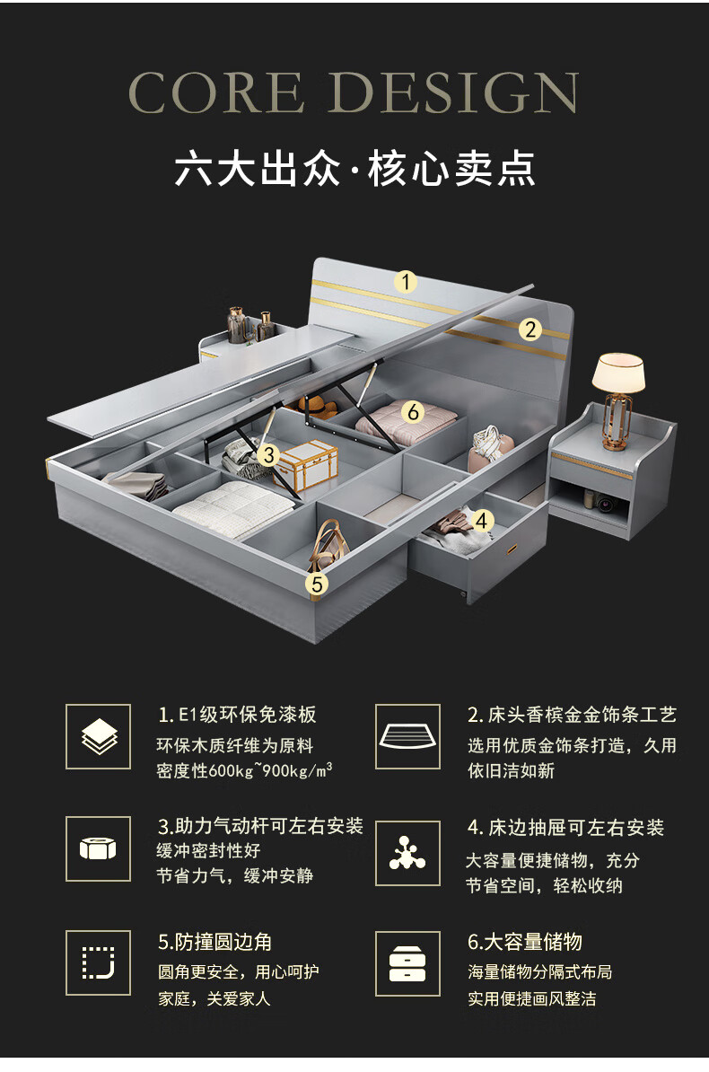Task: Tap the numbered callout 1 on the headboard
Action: (x=407, y=282)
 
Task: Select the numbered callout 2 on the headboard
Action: (x=530, y=330)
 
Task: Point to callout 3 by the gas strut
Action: (x=268, y=455)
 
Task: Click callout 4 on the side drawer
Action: (x=482, y=521)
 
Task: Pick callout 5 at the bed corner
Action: (x=316, y=584)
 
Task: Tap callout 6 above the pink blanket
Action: (x=412, y=412)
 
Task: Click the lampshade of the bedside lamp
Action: (x=618, y=372)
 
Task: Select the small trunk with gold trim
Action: (x=306, y=464)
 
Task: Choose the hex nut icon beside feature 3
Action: (x=99, y=848)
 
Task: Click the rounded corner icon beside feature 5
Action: (x=99, y=962)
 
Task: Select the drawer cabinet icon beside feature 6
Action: (x=407, y=963)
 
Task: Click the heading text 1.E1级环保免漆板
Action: (x=238, y=715)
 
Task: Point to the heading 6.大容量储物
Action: (x=525, y=942)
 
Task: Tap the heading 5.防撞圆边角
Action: (x=215, y=942)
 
